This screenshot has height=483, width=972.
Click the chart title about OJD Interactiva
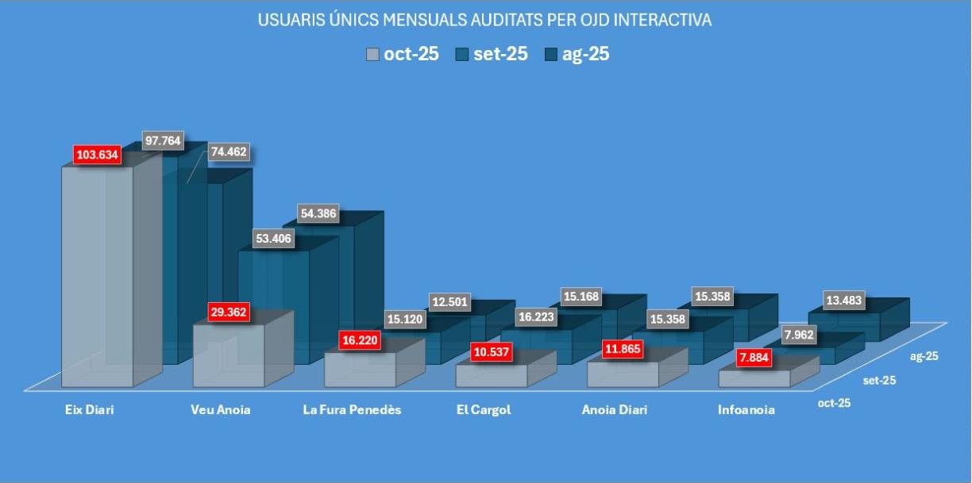[484, 21]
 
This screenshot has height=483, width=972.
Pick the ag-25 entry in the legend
[577, 55]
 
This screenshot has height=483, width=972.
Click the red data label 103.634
[97, 155]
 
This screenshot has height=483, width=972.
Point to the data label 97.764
[163, 141]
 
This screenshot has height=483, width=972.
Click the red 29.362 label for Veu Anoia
[227, 312]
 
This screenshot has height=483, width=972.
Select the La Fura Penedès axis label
[353, 410]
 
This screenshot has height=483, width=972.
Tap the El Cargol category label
[484, 410]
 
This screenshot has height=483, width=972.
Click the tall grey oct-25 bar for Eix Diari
[97, 278]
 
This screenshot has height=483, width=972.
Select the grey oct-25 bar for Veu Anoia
[226, 357]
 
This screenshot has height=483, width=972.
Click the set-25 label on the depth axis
[879, 381]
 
